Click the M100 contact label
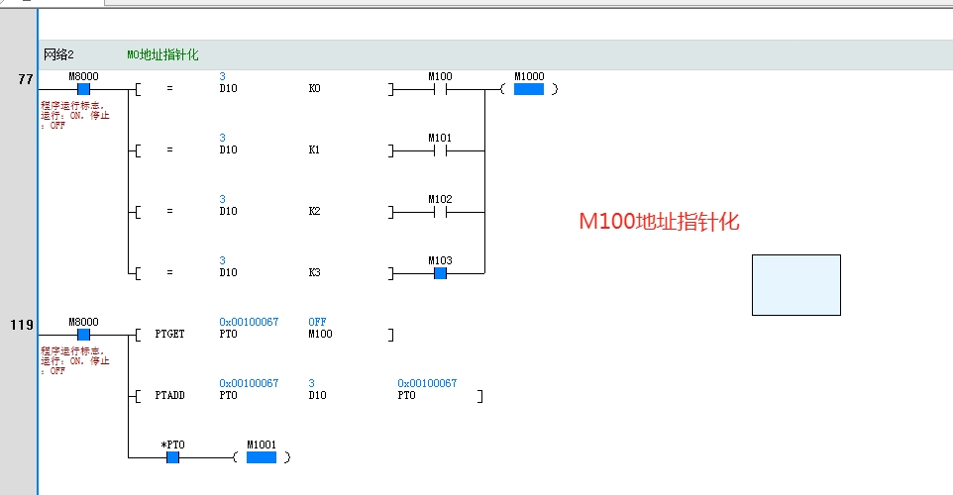coord(440,76)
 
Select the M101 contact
coord(440,150)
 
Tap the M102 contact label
coord(440,199)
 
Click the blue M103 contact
coord(440,272)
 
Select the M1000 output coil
coord(529,89)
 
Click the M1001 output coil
coord(261,457)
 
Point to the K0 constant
coord(315,89)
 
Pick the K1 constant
coord(315,150)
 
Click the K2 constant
coord(315,212)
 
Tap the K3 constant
coord(315,272)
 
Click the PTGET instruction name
coord(169,335)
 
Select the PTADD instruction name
coord(169,396)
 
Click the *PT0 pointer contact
coord(172,457)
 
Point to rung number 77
coord(26,78)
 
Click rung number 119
coord(22,324)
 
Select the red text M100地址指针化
coord(659,222)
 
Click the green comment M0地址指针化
coord(162,54)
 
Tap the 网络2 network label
coord(58,54)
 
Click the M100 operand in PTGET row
coord(320,335)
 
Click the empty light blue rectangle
coord(795,285)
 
